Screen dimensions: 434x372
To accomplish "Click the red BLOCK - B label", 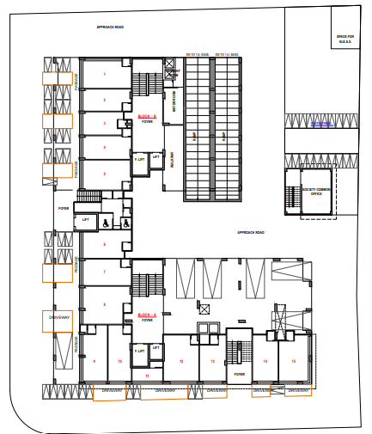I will (x=147, y=116).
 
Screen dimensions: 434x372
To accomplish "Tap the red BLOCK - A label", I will (x=147, y=315).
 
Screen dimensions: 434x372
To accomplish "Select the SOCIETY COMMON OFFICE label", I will (x=315, y=193).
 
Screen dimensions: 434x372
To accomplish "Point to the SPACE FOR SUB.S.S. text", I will (x=345, y=38).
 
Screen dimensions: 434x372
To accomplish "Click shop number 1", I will (x=105, y=75).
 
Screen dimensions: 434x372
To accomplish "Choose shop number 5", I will (x=105, y=174).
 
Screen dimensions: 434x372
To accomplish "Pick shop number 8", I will (x=105, y=304).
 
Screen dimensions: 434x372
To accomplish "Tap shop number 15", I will (x=294, y=362).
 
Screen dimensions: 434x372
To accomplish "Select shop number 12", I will (x=181, y=362).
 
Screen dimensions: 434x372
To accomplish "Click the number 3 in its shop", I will (x=105, y=124).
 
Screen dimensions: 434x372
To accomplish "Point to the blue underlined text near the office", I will (x=320, y=125).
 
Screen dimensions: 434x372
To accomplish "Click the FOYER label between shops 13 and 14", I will (x=240, y=374).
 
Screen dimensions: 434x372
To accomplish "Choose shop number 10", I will (x=119, y=362).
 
